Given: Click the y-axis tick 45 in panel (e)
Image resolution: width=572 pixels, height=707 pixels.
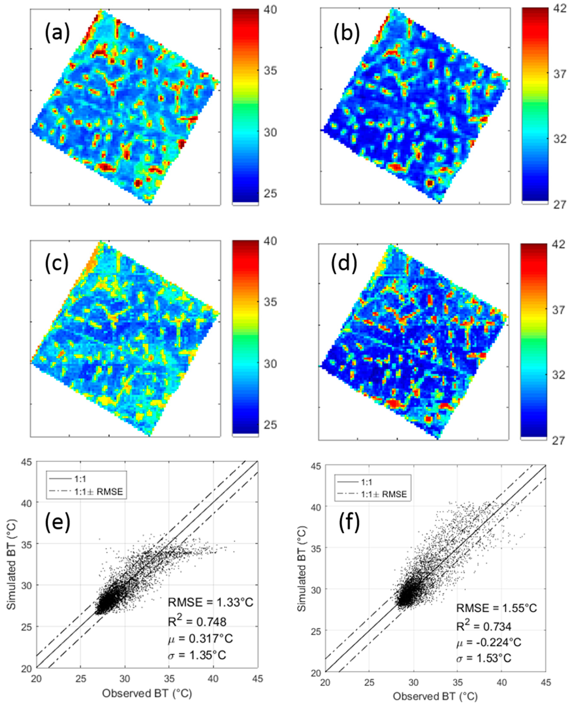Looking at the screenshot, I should click(x=28, y=462).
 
